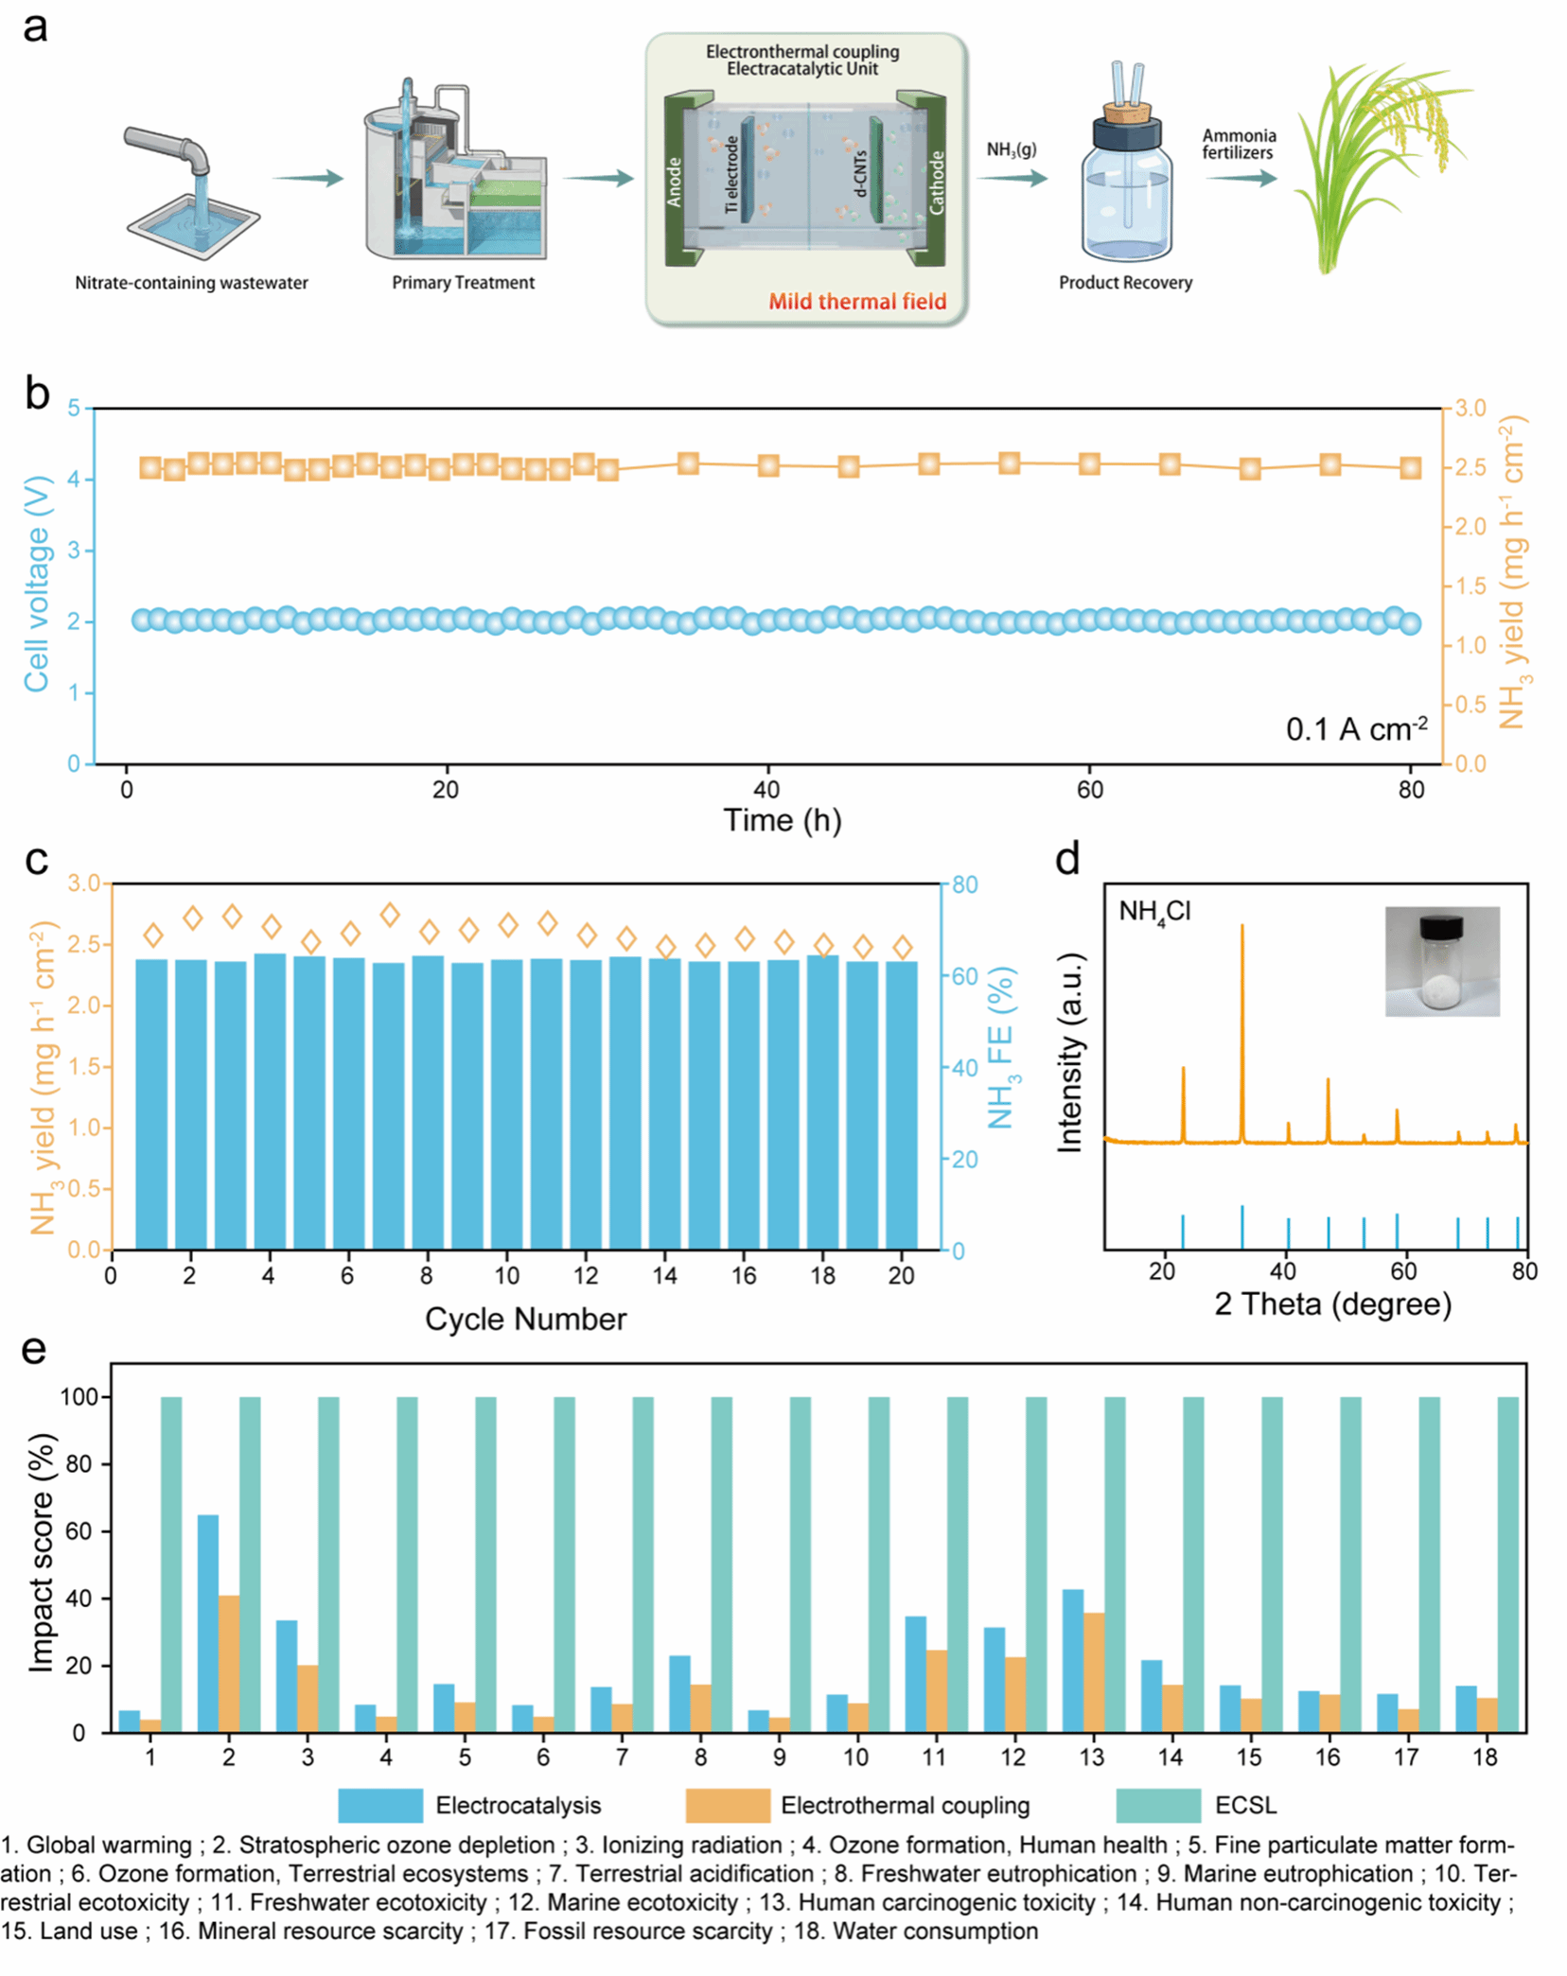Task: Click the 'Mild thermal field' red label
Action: point(856,302)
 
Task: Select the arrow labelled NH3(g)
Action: point(1012,178)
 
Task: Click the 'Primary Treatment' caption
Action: point(463,283)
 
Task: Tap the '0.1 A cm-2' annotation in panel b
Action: point(1355,729)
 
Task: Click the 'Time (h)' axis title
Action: point(782,820)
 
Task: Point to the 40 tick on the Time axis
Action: point(766,790)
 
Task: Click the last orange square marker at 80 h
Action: point(1410,467)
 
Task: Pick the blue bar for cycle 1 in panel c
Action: point(151,1104)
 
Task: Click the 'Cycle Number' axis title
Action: point(525,1319)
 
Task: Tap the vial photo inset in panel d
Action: point(1441,961)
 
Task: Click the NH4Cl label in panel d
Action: point(1153,912)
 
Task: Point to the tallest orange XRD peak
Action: point(1241,1031)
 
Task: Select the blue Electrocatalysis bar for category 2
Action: point(207,1623)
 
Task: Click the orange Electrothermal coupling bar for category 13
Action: point(1093,1672)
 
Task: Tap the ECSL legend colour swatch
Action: point(1157,1805)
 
